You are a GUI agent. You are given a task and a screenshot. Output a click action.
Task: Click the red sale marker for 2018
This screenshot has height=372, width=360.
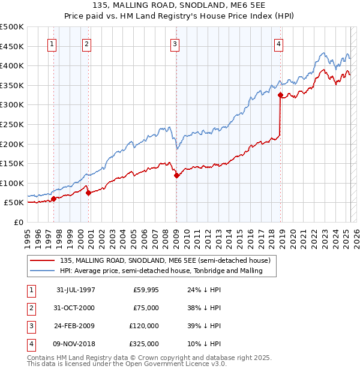280,95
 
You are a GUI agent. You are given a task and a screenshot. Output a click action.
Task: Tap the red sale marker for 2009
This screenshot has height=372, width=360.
176,175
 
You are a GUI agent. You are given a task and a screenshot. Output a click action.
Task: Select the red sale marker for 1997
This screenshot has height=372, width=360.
53,199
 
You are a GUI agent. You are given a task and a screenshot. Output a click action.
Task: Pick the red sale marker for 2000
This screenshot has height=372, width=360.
88,193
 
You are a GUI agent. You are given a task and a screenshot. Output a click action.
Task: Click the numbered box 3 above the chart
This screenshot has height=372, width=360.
175,43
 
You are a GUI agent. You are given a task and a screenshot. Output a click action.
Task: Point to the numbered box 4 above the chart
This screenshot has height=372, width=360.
279,43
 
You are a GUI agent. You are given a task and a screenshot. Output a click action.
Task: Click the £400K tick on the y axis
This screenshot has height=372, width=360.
12,65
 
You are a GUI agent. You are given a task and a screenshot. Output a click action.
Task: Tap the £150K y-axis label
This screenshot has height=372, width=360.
12,163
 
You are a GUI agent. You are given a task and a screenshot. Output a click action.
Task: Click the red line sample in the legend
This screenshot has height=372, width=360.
43,261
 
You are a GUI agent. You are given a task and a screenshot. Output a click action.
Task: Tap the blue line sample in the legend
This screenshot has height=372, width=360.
43,271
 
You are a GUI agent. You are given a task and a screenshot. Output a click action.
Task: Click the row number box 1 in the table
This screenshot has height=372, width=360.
31,290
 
